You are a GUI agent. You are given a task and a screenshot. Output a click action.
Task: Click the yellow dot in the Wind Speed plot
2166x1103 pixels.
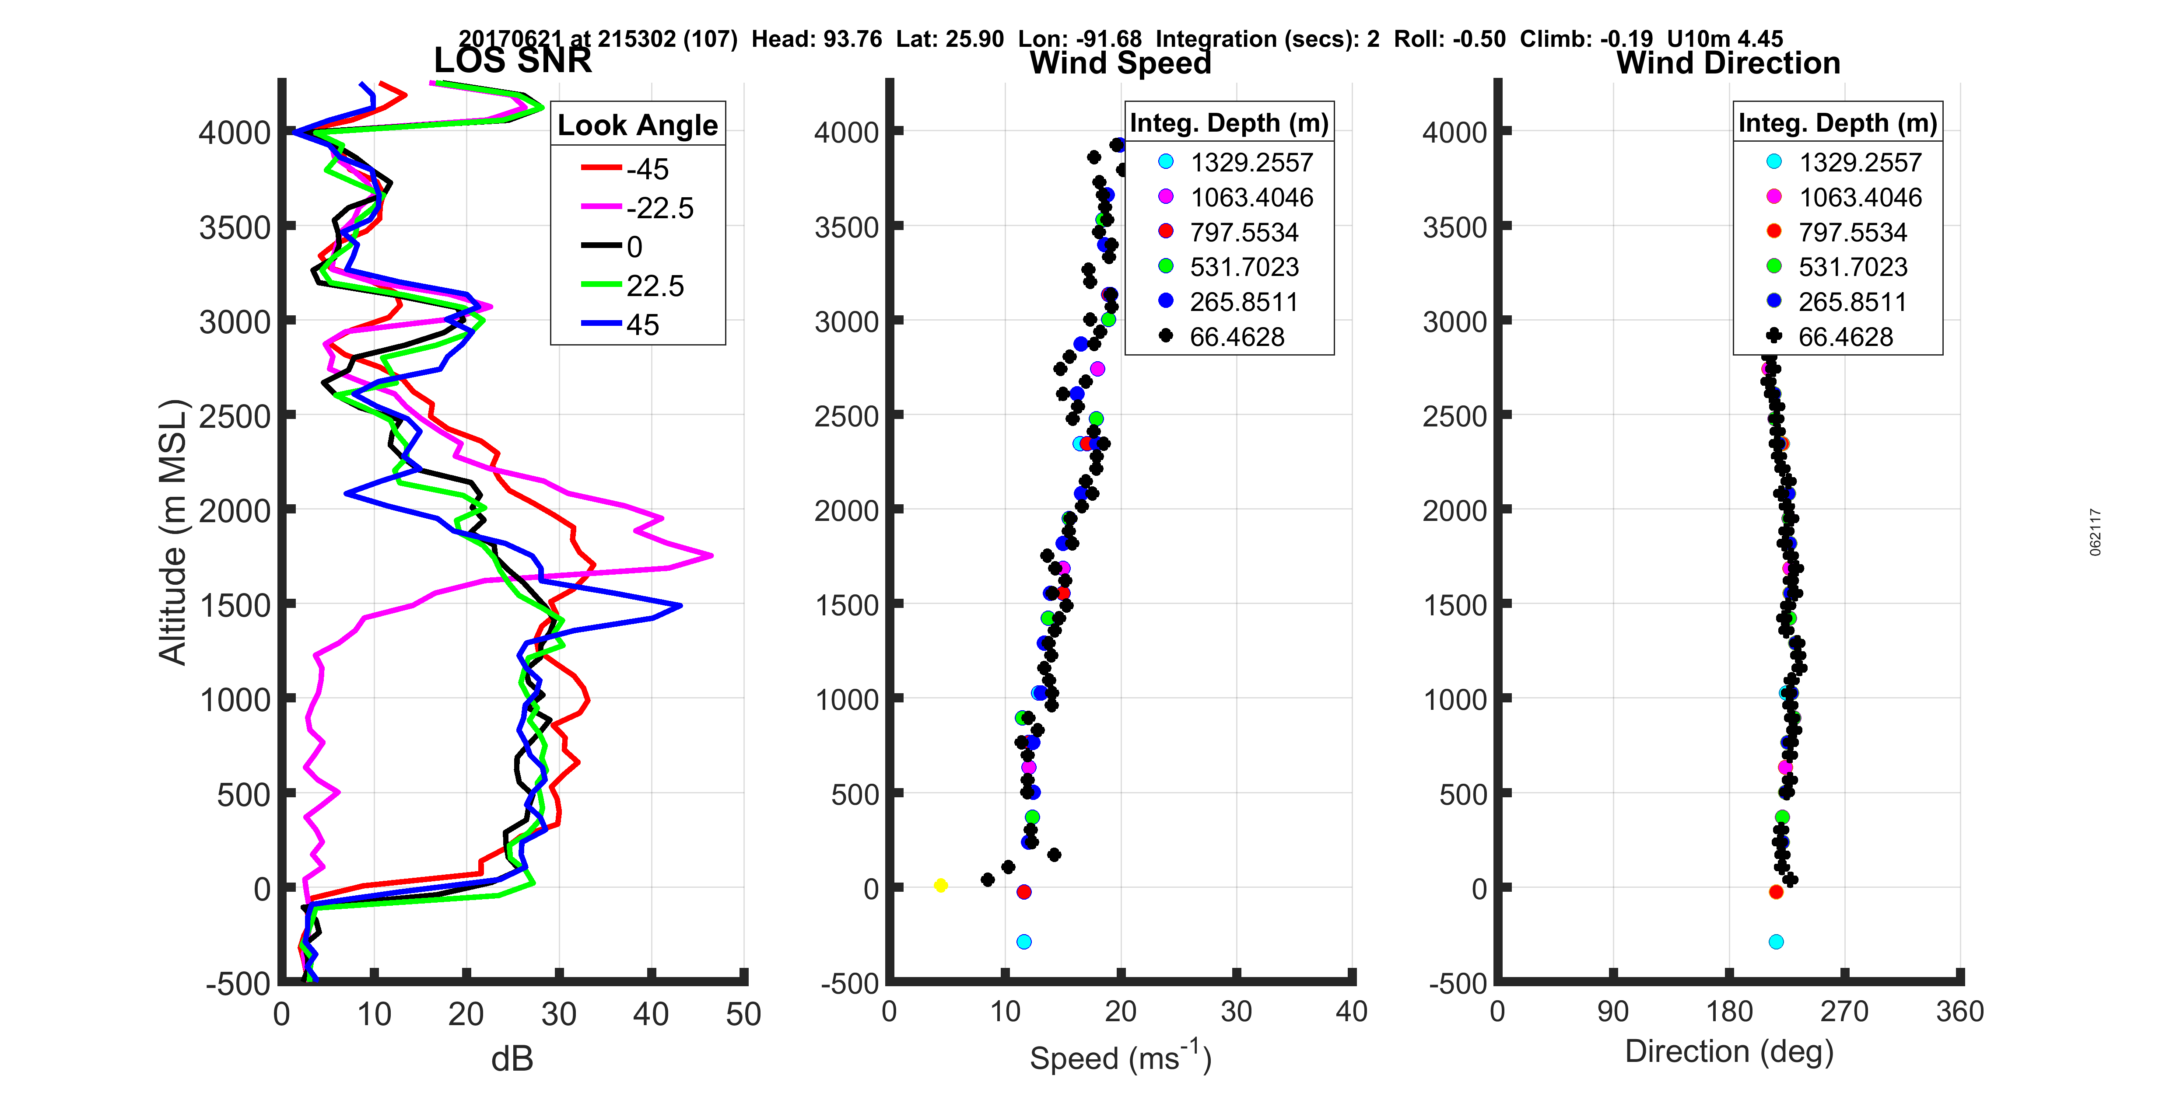coord(941,885)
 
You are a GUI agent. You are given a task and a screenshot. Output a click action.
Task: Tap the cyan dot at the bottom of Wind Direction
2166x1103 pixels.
coord(1776,942)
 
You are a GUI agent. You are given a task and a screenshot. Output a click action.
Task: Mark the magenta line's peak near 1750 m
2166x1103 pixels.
coord(711,555)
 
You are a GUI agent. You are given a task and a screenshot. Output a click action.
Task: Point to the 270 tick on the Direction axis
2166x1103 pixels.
coord(1845,1011)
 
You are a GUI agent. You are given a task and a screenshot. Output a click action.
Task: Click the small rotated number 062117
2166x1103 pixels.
coord(2096,531)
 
